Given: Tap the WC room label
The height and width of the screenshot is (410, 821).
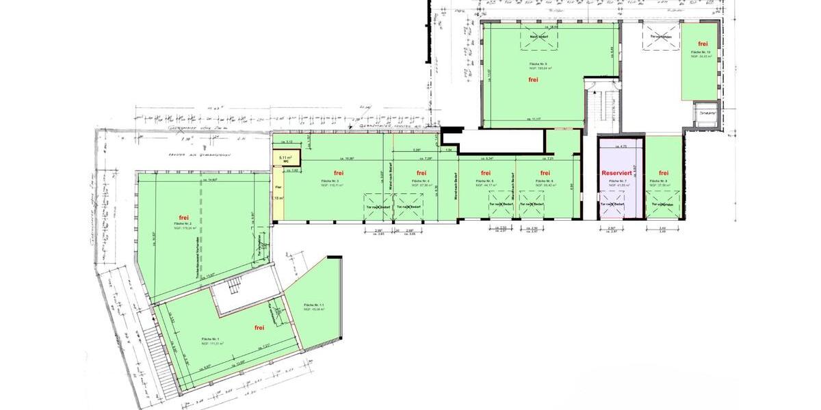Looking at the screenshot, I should tap(286, 161).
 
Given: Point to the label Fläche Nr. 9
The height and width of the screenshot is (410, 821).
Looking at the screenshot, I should tap(538, 64).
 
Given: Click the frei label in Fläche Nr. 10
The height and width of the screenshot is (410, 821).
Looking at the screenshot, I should tap(703, 44).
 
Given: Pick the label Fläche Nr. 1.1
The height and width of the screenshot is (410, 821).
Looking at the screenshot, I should tap(313, 305).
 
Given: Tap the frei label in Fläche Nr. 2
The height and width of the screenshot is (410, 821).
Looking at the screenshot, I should tap(184, 218).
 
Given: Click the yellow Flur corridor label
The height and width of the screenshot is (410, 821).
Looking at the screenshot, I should tap(278, 187).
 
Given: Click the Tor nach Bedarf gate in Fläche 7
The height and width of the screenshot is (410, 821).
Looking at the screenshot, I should tap(612, 204).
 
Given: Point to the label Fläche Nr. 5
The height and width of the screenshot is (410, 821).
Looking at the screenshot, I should tap(484, 181).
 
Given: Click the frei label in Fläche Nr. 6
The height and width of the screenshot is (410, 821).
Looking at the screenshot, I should tap(545, 173).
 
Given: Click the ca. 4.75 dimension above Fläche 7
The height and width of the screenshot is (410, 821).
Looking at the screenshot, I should tap(621, 146).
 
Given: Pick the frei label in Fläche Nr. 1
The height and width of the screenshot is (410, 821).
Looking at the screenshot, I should tap(259, 328).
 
